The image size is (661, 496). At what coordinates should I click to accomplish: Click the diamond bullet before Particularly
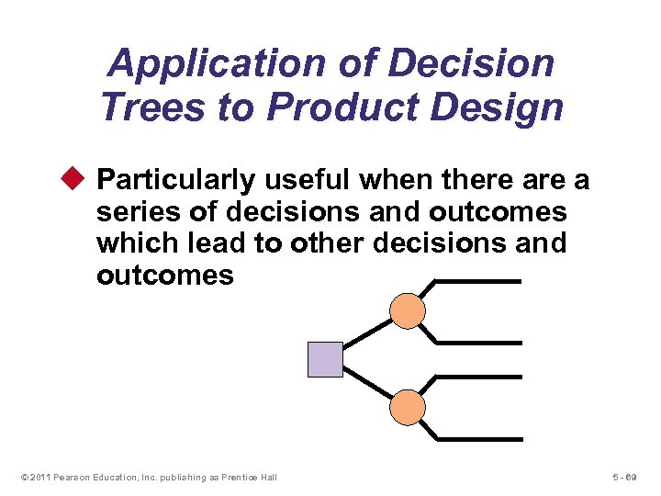coord(77,178)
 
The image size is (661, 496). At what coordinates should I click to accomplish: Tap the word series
coord(138,212)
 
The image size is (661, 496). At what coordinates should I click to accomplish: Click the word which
coord(135,243)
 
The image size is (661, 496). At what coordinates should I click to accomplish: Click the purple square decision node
coord(325,359)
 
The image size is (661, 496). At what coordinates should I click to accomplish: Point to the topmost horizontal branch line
coord(476,281)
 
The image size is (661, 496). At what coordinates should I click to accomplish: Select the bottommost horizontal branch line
coord(476,438)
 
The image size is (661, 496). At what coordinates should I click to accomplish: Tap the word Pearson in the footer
coord(71,477)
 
